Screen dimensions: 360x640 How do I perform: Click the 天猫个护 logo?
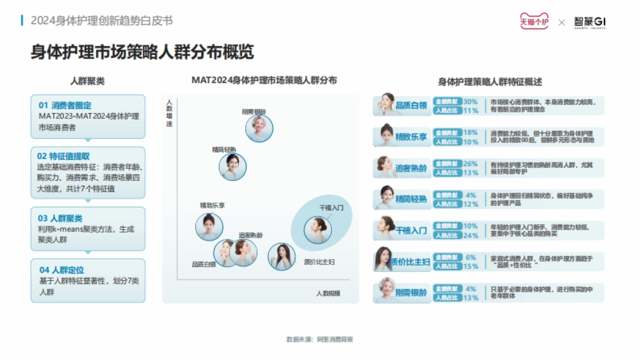tap(534, 22)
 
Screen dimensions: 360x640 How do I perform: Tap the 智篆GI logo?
tap(589, 22)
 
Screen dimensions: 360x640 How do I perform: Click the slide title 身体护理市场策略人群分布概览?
tap(142, 52)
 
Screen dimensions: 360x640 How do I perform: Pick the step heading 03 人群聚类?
tap(60, 219)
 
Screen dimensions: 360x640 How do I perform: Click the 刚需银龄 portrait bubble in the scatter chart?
tap(259, 129)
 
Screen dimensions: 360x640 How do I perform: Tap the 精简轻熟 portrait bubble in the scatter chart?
tap(233, 167)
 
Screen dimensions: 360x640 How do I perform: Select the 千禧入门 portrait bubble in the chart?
tap(318, 229)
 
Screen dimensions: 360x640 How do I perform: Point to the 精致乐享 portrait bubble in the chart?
tap(209, 227)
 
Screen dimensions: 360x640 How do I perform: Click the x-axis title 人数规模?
tap(328, 293)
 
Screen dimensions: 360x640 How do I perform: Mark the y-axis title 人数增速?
tap(169, 113)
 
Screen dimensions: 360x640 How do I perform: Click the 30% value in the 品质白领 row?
tap(470, 101)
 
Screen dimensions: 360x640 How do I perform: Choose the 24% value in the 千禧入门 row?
tap(471, 235)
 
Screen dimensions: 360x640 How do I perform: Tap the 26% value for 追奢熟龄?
tap(470, 164)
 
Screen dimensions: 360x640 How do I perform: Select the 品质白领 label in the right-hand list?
tap(411, 106)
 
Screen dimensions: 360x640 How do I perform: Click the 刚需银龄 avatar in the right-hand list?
tap(385, 292)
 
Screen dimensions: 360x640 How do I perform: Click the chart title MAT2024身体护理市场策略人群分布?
tap(264, 80)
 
